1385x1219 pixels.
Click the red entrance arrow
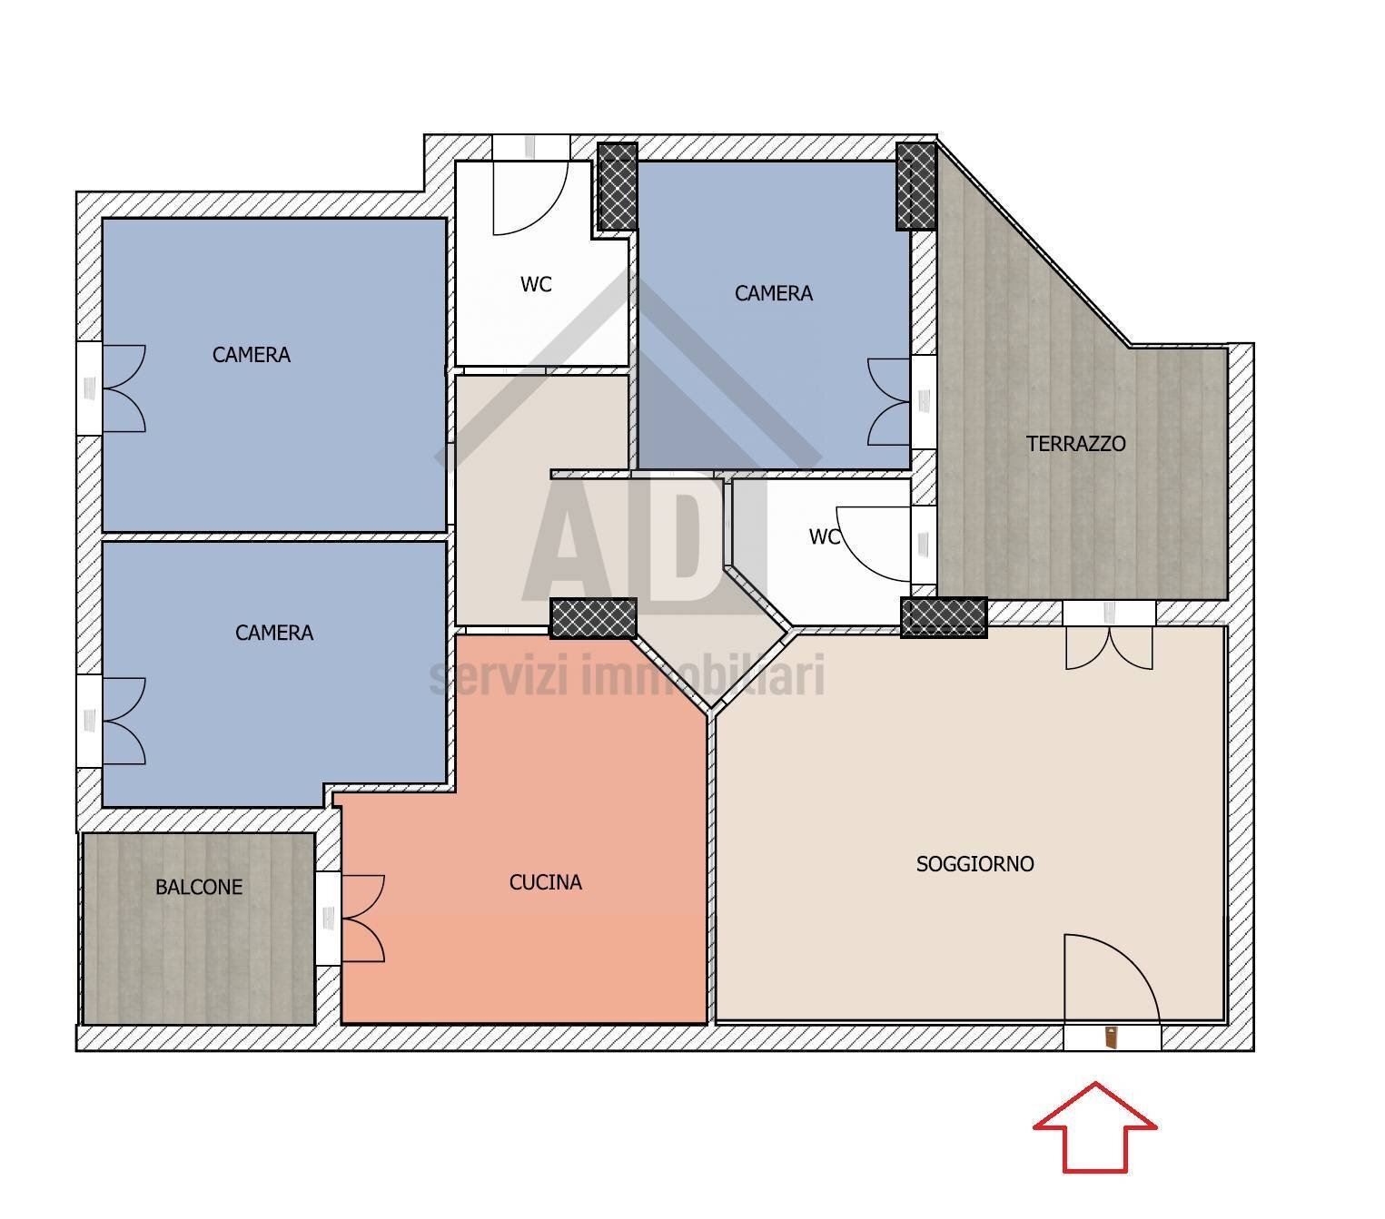[x=1093, y=1126]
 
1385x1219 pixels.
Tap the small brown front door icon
[x=1111, y=1037]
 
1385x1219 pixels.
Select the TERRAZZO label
[x=1075, y=444]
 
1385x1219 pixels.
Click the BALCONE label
[x=199, y=887]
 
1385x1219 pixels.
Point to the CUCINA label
[x=546, y=882]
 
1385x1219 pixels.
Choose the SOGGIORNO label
[x=974, y=864]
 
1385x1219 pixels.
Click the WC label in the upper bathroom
[x=536, y=284]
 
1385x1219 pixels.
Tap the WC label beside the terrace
[x=825, y=537]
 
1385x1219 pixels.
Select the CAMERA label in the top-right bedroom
[x=773, y=293]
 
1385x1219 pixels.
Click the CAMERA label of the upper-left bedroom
[x=251, y=355]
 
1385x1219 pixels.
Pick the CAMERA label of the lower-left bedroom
[x=274, y=633]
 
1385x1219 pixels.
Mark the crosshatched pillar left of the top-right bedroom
[x=618, y=186]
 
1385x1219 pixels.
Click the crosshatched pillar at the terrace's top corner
[x=916, y=186]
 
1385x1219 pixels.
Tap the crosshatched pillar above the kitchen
[x=593, y=618]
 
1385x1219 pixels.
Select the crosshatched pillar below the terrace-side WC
[x=944, y=618]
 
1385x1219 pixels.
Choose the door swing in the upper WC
[x=530, y=198]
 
